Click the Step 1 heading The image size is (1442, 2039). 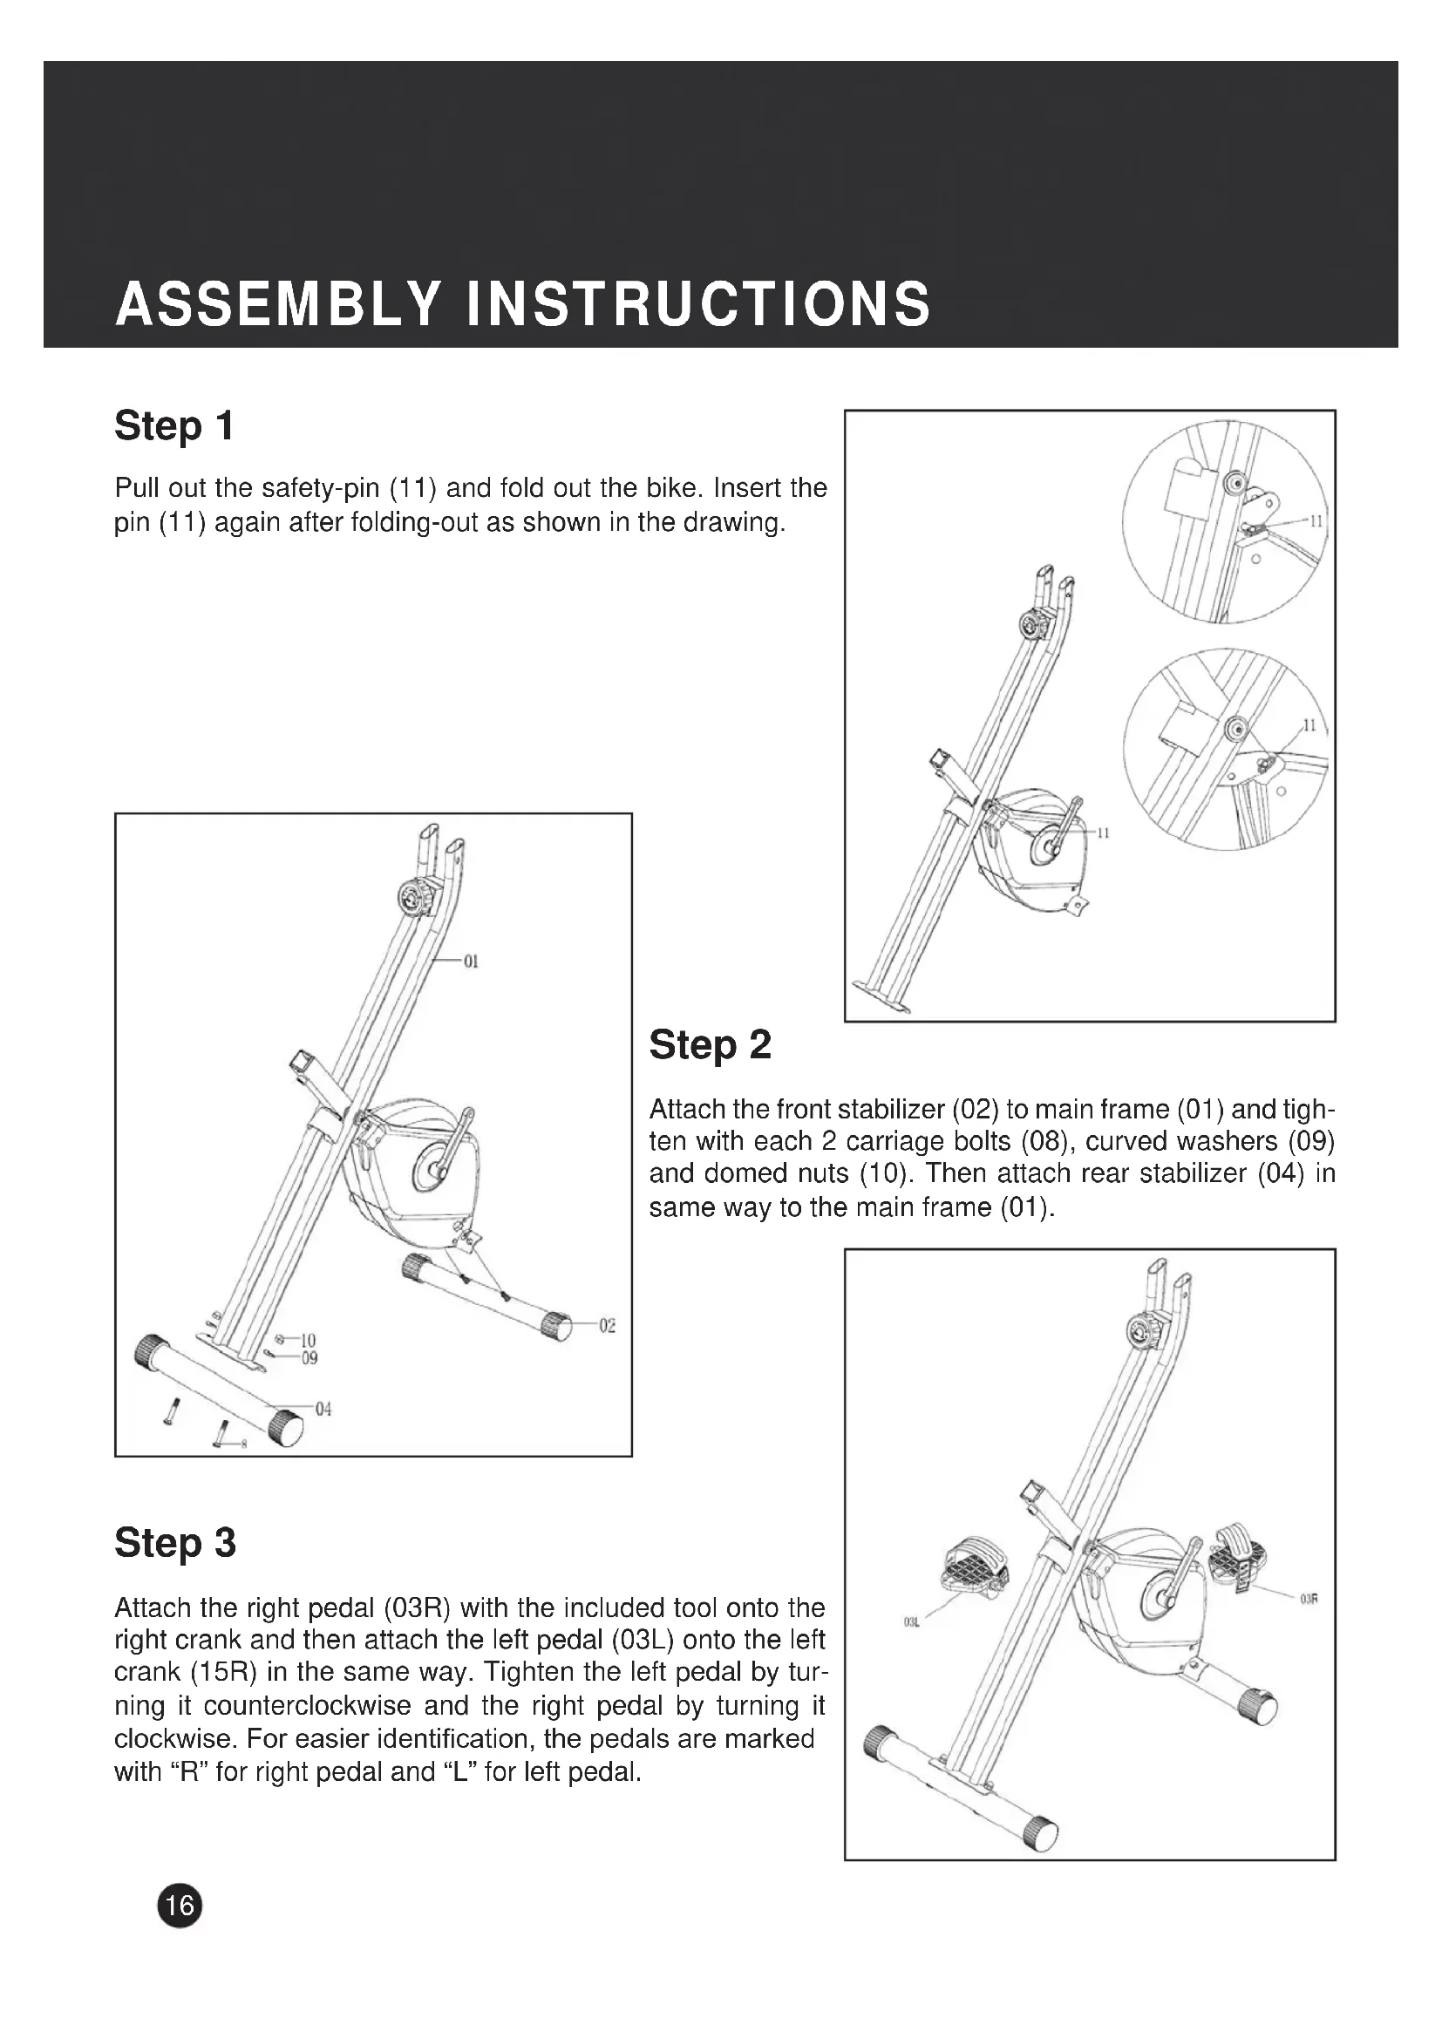click(174, 426)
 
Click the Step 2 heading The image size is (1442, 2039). click(710, 1045)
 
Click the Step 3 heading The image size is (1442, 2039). click(175, 1544)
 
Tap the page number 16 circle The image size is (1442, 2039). click(180, 1905)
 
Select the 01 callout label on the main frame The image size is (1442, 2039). click(471, 961)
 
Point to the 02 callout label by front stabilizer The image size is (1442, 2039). click(608, 1326)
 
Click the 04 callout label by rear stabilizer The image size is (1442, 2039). click(323, 1410)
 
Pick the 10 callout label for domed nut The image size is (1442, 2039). click(308, 1340)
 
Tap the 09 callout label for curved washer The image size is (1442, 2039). click(309, 1358)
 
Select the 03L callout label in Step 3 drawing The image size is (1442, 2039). click(910, 1622)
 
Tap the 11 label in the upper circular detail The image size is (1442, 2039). click(1316, 520)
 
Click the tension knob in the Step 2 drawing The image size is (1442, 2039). click(413, 898)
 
